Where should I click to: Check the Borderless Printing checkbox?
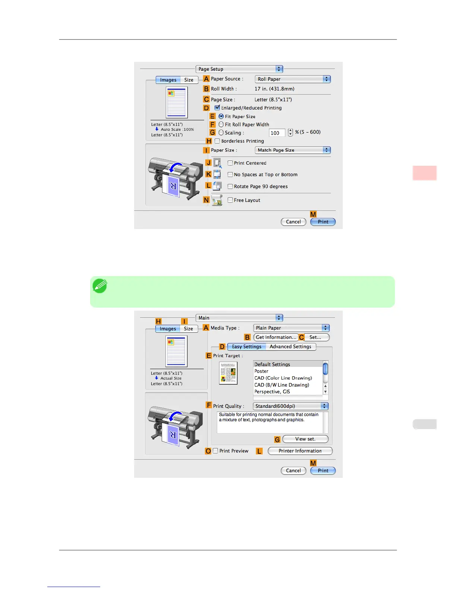pyautogui.click(x=217, y=141)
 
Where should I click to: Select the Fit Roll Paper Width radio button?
pyautogui.click(x=221, y=124)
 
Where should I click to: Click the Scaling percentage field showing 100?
pyautogui.click(x=277, y=133)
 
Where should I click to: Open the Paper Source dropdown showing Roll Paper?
pyautogui.click(x=292, y=79)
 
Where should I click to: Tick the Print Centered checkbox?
pyautogui.click(x=230, y=163)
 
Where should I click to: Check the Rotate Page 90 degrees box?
pyautogui.click(x=230, y=186)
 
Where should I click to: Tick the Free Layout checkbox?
pyautogui.click(x=230, y=200)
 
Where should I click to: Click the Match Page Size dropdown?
pyautogui.click(x=292, y=150)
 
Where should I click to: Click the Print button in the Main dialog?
pyautogui.click(x=323, y=470)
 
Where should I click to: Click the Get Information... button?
pyautogui.click(x=276, y=337)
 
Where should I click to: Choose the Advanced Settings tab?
pyautogui.click(x=290, y=346)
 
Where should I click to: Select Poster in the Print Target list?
pyautogui.click(x=262, y=371)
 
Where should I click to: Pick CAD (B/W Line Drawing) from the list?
pyautogui.click(x=282, y=385)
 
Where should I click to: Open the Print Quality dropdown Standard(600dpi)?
pyautogui.click(x=291, y=406)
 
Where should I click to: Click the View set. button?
pyautogui.click(x=305, y=439)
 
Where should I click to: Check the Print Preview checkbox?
pyautogui.click(x=215, y=451)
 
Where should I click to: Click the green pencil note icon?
pyautogui.click(x=100, y=286)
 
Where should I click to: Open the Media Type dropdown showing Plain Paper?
pyautogui.click(x=291, y=328)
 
